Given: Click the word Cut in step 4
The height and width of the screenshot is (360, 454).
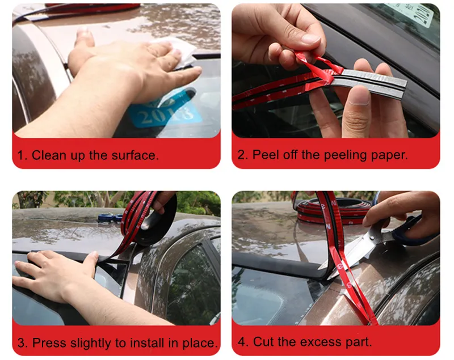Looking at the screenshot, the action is [263, 342].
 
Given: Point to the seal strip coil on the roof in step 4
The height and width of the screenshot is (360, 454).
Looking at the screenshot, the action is [333, 210].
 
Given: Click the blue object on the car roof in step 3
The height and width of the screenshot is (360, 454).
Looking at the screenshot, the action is [110, 217].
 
